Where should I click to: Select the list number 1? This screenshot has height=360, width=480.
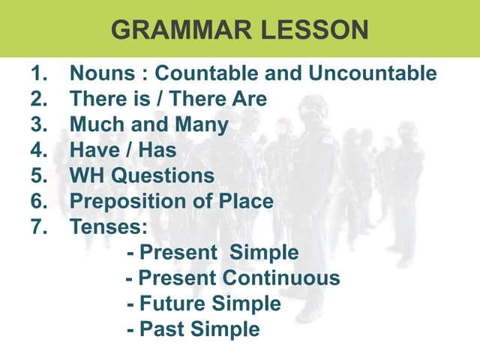click(38, 73)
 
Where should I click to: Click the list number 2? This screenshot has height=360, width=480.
click(38, 99)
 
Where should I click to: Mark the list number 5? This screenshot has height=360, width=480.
click(38, 175)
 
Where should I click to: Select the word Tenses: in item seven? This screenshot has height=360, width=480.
click(109, 226)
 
